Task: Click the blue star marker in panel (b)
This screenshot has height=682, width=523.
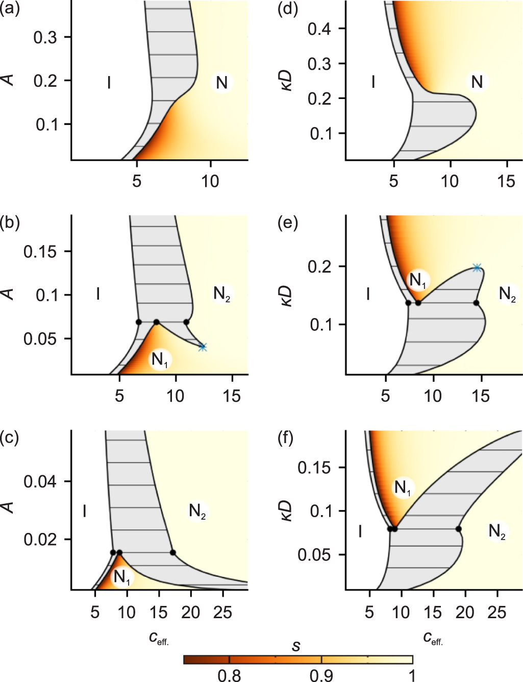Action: point(203,347)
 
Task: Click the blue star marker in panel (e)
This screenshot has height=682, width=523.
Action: point(477,267)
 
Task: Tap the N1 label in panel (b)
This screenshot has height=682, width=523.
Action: point(160,360)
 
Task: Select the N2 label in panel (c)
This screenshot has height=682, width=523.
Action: point(197,510)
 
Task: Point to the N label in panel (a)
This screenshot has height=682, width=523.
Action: point(221,83)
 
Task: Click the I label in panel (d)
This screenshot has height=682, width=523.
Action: point(373,82)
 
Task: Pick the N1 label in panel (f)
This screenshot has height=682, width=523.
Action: point(403,488)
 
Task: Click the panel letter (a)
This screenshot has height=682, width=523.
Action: point(10,9)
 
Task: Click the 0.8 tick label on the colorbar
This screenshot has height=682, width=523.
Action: point(229,675)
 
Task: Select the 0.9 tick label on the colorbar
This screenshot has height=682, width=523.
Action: point(321,675)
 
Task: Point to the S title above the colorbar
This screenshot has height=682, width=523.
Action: point(296,647)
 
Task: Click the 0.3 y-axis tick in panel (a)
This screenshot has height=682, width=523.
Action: point(45,37)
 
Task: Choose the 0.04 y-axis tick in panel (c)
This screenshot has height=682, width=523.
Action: point(40,481)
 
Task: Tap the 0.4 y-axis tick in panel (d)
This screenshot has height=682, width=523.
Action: point(319,29)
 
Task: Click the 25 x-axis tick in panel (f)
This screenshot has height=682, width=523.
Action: point(497,612)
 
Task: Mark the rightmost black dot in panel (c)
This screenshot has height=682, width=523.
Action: point(172,552)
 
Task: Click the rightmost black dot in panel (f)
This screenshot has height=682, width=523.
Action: point(459,529)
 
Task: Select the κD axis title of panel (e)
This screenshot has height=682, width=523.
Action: point(287,295)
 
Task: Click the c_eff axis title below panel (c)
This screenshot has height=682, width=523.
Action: point(159,638)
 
